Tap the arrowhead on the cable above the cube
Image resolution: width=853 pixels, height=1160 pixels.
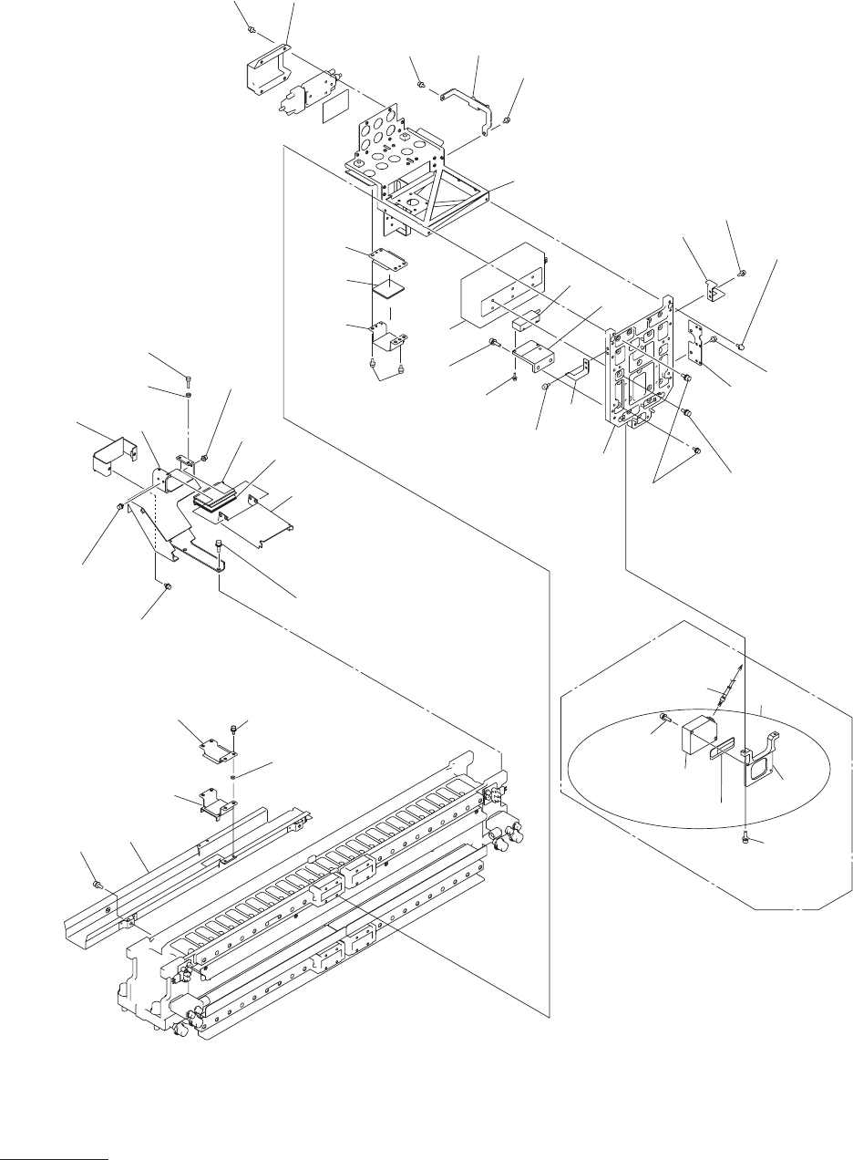click(x=739, y=668)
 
